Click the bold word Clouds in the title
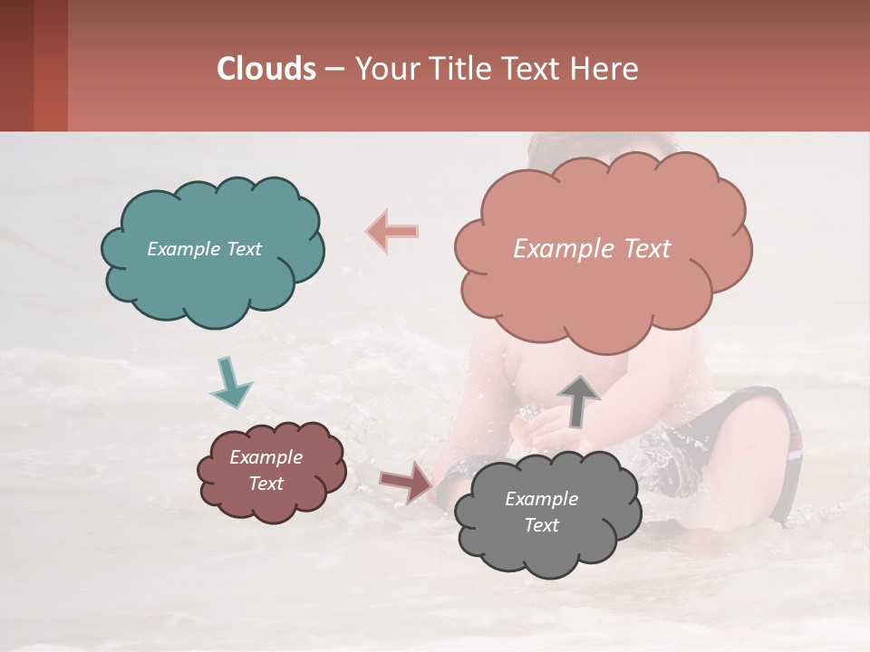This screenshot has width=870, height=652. [x=266, y=69]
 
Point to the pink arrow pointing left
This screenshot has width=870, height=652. [x=392, y=231]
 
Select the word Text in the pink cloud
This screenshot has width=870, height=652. [x=642, y=249]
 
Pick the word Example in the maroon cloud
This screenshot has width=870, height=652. [x=266, y=457]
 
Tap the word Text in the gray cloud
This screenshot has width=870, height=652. [x=541, y=525]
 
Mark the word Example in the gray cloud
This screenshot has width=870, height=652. [x=541, y=499]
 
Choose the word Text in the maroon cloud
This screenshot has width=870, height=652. [x=266, y=484]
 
